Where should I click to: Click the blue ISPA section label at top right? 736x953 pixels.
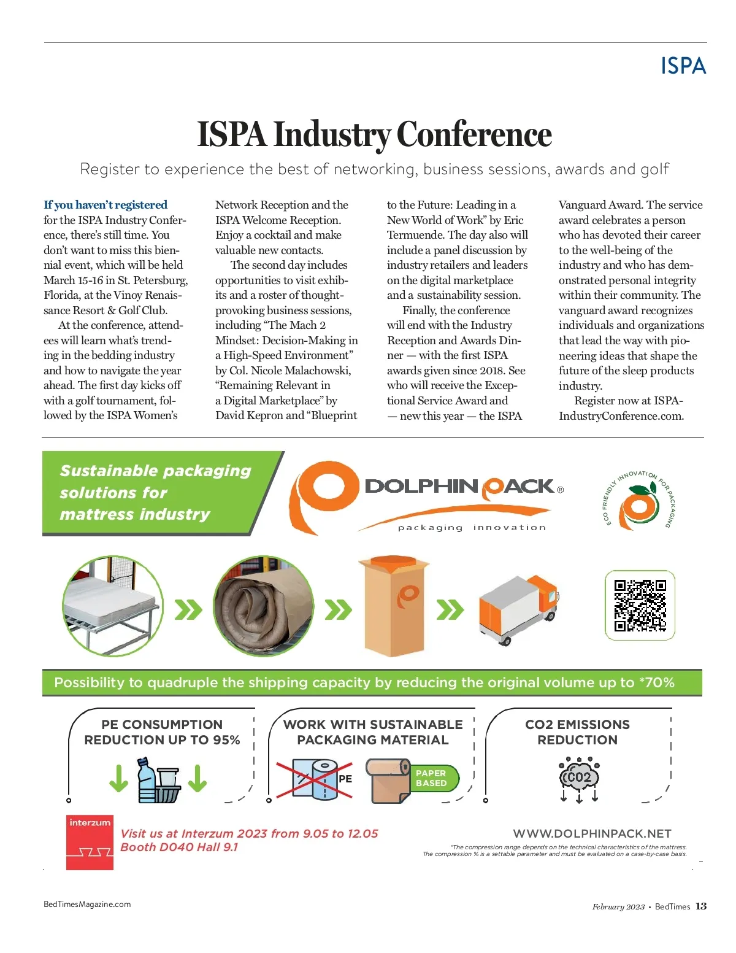[683, 66]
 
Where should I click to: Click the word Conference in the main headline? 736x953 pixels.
[474, 134]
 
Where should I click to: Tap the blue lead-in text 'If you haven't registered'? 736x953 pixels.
[105, 205]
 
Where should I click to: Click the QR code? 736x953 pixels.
[640, 605]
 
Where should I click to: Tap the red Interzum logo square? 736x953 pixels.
[90, 842]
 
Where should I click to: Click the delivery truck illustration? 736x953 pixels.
[519, 609]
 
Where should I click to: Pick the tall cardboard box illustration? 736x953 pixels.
[393, 606]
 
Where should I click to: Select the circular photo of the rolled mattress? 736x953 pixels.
[264, 606]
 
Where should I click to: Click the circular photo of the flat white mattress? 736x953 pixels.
[113, 606]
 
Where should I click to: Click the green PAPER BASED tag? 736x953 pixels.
[433, 778]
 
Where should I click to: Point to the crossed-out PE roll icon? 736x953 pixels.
[314, 779]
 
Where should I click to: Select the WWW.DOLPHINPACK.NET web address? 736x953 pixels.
[592, 833]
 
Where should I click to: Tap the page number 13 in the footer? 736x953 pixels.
[701, 906]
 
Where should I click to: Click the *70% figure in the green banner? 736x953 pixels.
[657, 682]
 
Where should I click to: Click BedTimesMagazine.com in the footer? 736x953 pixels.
[87, 904]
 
